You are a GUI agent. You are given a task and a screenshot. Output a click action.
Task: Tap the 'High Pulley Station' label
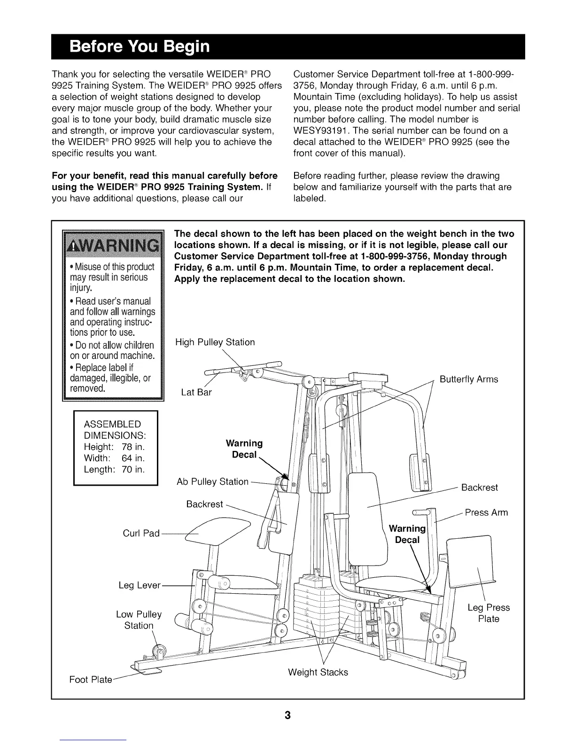(215, 342)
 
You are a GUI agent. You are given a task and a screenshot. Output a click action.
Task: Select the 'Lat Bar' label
(196, 392)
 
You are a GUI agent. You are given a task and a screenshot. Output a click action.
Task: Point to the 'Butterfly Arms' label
(468, 380)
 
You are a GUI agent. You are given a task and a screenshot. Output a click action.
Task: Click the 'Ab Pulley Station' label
(212, 482)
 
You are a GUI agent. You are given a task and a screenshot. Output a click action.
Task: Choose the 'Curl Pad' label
(141, 534)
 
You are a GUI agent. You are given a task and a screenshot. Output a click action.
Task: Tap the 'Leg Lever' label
(140, 586)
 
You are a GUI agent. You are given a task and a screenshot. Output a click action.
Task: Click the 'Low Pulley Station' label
(139, 620)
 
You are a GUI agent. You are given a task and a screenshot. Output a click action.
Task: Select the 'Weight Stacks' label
(318, 673)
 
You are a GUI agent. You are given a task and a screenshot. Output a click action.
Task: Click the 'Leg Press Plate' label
(489, 613)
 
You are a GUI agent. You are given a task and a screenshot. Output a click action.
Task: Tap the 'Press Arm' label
(486, 512)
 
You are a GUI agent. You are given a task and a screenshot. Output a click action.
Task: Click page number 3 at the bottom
(287, 716)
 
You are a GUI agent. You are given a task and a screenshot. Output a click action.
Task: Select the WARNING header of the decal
(112, 247)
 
